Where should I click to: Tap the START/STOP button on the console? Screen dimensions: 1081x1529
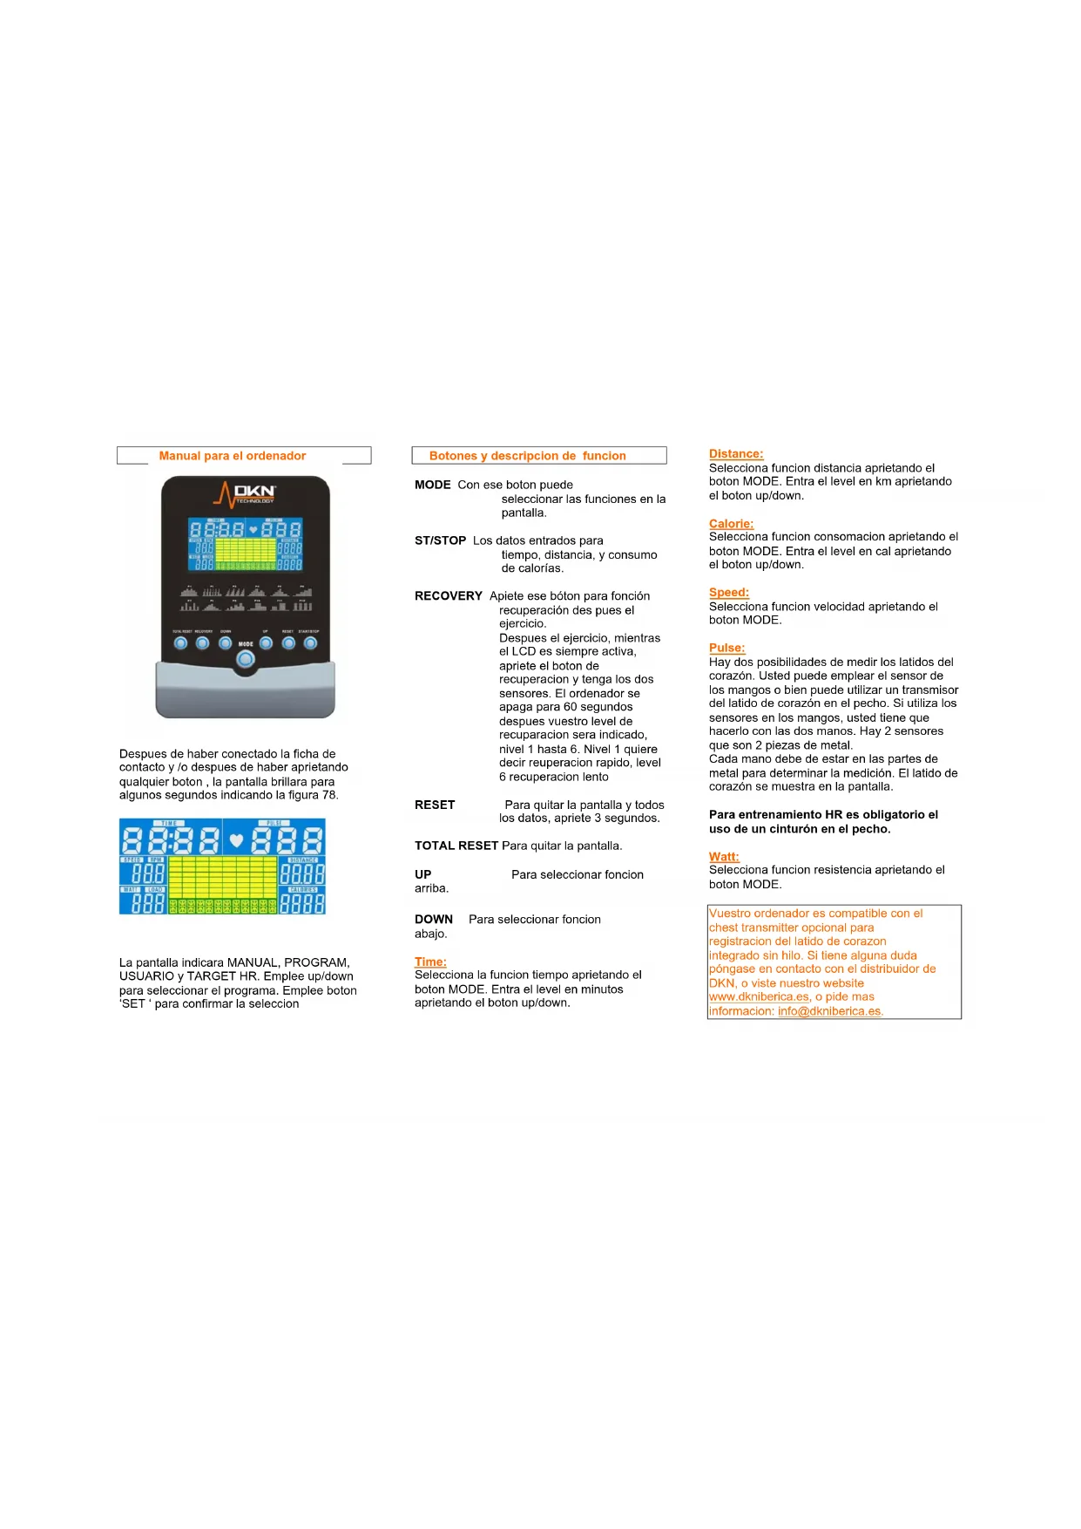coord(310,643)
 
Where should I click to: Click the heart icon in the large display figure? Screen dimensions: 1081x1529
coord(236,841)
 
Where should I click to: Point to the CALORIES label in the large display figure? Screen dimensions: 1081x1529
coord(302,889)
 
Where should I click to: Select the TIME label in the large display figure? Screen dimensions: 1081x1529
coord(169,823)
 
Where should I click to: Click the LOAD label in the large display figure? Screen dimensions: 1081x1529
coord(154,889)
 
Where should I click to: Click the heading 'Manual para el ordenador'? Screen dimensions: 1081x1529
coord(233,456)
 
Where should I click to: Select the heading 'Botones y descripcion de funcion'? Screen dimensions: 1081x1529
coord(527,456)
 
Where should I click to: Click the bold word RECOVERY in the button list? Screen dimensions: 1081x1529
coord(449,596)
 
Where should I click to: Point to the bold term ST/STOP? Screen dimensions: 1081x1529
coord(440,540)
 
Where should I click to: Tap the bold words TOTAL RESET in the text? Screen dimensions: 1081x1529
coord(456,846)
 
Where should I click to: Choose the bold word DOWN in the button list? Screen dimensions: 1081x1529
coord(434,920)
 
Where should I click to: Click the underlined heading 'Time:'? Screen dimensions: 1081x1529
coord(430,962)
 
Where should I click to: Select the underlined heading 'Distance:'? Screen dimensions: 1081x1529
coord(736,454)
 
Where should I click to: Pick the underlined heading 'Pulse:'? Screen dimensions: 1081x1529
coord(727,649)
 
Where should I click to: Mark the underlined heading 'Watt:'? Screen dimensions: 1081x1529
coord(724,857)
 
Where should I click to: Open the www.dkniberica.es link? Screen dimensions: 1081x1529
coord(759,997)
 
